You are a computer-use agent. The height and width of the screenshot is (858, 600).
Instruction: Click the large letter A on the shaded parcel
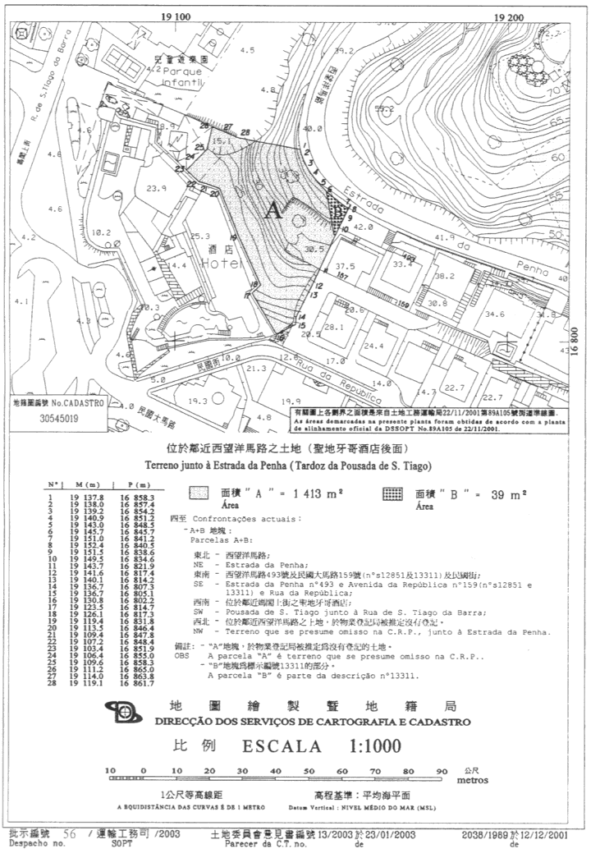click(x=273, y=211)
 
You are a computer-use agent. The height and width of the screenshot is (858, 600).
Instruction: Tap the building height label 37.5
click(x=345, y=267)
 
